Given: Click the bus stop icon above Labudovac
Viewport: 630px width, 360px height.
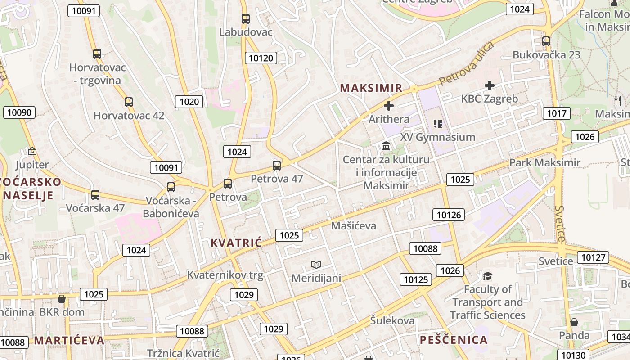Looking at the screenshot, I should pyautogui.click(x=245, y=19).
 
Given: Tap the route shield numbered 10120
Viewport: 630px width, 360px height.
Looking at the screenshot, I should pyautogui.click(x=261, y=58).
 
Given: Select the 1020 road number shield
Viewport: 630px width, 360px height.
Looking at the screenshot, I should pyautogui.click(x=189, y=102).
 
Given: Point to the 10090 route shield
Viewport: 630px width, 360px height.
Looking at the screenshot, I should pyautogui.click(x=19, y=112).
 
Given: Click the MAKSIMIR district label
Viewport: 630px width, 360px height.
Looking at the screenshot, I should pyautogui.click(x=371, y=88).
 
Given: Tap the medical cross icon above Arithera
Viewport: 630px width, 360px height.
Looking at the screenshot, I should pyautogui.click(x=389, y=106).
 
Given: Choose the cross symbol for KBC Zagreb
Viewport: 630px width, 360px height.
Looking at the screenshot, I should pyautogui.click(x=490, y=85).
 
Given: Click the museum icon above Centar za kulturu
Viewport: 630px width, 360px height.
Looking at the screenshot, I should pyautogui.click(x=386, y=146).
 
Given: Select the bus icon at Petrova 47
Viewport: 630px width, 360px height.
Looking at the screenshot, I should pyautogui.click(x=277, y=165).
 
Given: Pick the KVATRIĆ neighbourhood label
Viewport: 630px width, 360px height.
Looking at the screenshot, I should pyautogui.click(x=236, y=243).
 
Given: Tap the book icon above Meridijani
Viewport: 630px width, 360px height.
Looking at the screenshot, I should pyautogui.click(x=316, y=265).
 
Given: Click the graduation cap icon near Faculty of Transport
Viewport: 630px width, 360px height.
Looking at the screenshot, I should pyautogui.click(x=488, y=275).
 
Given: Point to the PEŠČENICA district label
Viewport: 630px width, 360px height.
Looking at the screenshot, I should pyautogui.click(x=454, y=340).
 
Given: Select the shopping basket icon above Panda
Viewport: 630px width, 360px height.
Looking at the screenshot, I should pyautogui.click(x=574, y=322).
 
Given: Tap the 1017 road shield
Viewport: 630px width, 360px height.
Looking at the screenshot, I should pyautogui.click(x=557, y=113).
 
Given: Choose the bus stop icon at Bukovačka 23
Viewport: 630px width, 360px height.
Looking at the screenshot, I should pyautogui.click(x=546, y=41).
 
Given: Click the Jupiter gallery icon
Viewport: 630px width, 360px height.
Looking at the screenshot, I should pyautogui.click(x=32, y=151).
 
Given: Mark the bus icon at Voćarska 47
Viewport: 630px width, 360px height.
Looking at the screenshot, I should pyautogui.click(x=95, y=195).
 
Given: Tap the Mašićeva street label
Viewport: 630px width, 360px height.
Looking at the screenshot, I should pyautogui.click(x=354, y=225).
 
